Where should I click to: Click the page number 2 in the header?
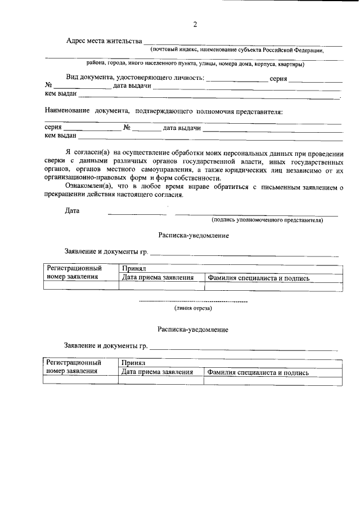coord(195,24)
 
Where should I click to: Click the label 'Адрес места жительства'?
coord(103,41)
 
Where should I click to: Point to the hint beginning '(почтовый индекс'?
coord(236,50)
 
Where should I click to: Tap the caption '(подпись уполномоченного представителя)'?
coord(267,220)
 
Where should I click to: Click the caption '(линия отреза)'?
coord(193,308)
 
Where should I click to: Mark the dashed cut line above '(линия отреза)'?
coord(193,302)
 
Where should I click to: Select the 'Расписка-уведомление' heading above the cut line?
coord(193,236)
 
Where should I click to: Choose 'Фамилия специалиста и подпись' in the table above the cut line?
coord(258,278)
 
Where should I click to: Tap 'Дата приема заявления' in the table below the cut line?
coord(157,372)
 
